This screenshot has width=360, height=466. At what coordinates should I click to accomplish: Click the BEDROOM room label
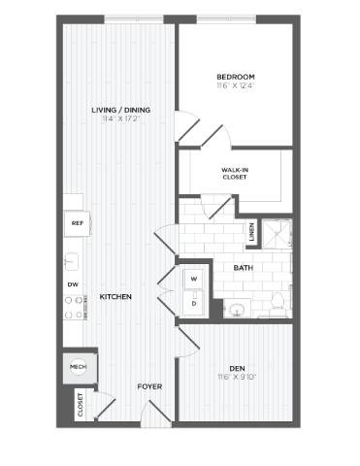pos(236,77)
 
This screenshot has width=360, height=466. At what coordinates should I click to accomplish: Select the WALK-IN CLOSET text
pos(234,173)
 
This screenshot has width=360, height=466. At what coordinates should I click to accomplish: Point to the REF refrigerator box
pos(76,222)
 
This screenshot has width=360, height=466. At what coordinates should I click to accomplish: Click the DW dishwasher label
pos(72,283)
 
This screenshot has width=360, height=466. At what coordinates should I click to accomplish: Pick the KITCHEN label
pos(115,296)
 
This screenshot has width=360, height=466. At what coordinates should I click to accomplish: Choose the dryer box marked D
pos(194,302)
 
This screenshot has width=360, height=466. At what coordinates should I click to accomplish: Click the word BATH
pos(245,268)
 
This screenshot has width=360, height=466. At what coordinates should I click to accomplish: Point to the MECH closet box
pos(78,367)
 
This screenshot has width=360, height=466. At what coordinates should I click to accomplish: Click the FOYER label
pos(148,386)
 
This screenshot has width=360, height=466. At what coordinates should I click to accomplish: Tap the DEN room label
pos(237,368)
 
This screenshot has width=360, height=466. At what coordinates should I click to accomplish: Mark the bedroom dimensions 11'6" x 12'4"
pos(236,86)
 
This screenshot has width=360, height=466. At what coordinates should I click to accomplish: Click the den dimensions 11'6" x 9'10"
pos(237,378)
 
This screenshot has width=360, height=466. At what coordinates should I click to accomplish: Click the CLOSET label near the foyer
pos(81,405)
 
